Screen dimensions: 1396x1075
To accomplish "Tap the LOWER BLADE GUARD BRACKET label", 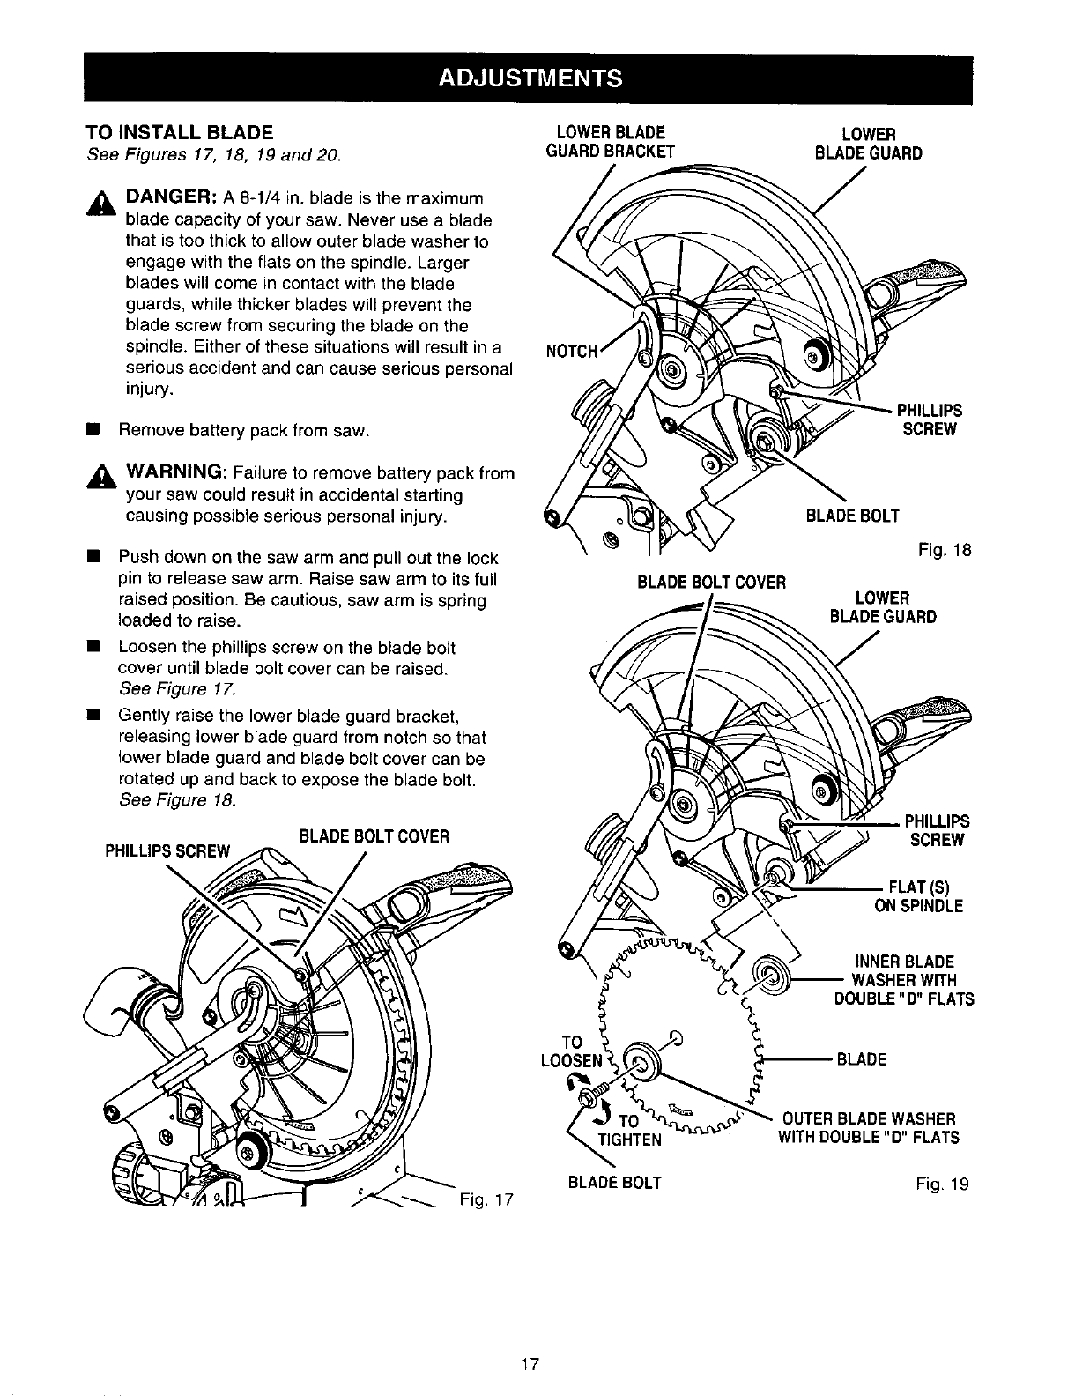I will tap(611, 142).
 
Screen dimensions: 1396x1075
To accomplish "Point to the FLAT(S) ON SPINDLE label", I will tap(917, 895).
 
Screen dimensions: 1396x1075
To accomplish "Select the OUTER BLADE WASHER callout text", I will tap(867, 1128).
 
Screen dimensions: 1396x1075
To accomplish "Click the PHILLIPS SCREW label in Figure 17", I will tap(167, 851).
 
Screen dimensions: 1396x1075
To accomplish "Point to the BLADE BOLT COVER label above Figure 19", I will tap(710, 581).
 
